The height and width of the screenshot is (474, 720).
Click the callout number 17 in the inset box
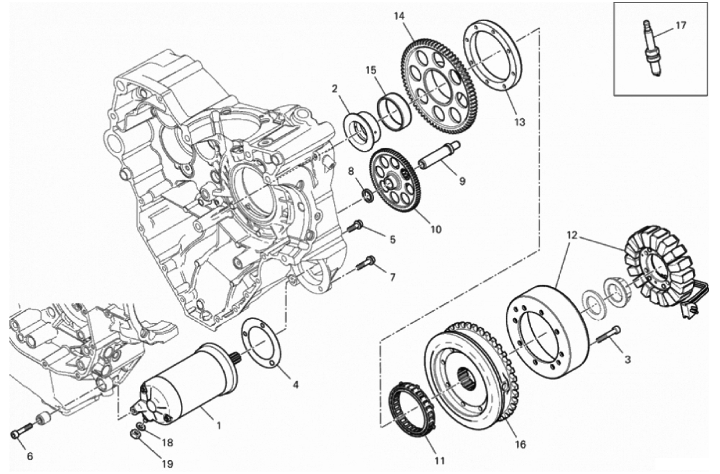tap(681, 25)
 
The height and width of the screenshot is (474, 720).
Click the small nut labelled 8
tap(367, 195)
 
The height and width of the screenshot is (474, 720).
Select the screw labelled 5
tap(356, 226)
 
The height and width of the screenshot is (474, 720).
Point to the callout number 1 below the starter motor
tap(218, 426)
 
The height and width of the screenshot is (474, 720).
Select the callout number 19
tap(168, 464)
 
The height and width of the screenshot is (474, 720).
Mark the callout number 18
tap(168, 442)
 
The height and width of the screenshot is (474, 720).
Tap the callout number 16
tap(520, 444)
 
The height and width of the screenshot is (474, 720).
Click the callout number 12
tap(572, 236)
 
